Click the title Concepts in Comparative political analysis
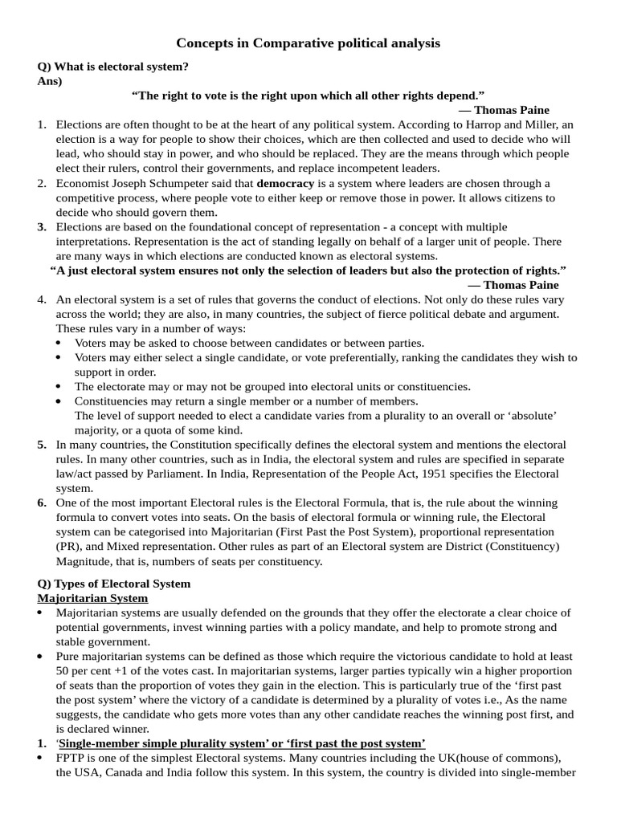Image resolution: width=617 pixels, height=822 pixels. (308, 43)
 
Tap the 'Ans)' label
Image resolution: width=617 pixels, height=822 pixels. (50, 81)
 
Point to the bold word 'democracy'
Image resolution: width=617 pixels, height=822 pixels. (285, 183)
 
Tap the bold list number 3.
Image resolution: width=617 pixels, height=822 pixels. (42, 227)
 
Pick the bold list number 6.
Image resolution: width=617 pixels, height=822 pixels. (42, 503)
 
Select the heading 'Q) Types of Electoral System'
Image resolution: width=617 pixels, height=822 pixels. (113, 584)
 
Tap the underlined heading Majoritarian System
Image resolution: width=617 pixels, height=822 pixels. (92, 598)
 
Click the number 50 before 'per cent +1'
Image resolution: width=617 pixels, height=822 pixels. (63, 671)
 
